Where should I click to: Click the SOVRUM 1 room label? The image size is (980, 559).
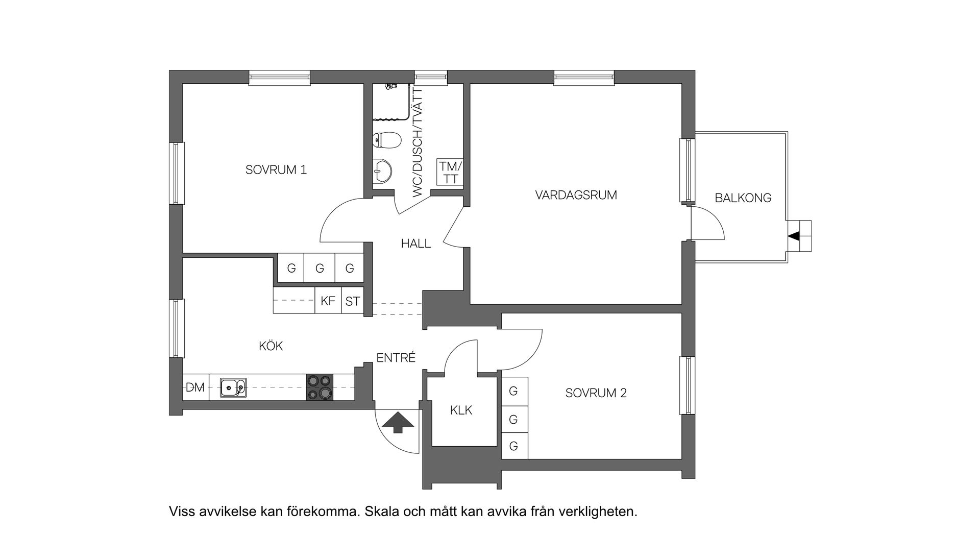pyautogui.click(x=276, y=170)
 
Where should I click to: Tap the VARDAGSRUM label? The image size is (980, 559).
pyautogui.click(x=576, y=195)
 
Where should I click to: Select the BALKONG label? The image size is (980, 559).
pyautogui.click(x=743, y=198)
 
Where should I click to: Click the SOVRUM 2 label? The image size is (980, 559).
pyautogui.click(x=596, y=393)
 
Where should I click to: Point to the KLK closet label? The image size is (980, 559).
pyautogui.click(x=461, y=410)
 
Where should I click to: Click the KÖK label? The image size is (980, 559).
pyautogui.click(x=271, y=346)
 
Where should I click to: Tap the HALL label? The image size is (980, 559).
pyautogui.click(x=415, y=244)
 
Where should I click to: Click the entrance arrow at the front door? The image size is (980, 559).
pyautogui.click(x=398, y=423)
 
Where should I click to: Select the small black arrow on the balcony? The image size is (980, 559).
pyautogui.click(x=794, y=236)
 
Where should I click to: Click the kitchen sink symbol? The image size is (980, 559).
pyautogui.click(x=233, y=387)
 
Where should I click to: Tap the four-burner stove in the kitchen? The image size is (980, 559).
pyautogui.click(x=320, y=387)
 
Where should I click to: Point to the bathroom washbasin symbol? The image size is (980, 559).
pyautogui.click(x=381, y=170)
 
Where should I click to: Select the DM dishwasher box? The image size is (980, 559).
pyautogui.click(x=194, y=388)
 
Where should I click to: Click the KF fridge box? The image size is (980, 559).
pyautogui.click(x=328, y=301)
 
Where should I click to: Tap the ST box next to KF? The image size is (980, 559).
pyautogui.click(x=352, y=301)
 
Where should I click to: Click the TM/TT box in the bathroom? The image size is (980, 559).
pyautogui.click(x=450, y=173)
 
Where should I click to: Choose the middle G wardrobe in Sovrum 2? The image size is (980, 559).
pyautogui.click(x=514, y=419)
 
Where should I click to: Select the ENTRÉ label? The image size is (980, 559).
pyautogui.click(x=396, y=358)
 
